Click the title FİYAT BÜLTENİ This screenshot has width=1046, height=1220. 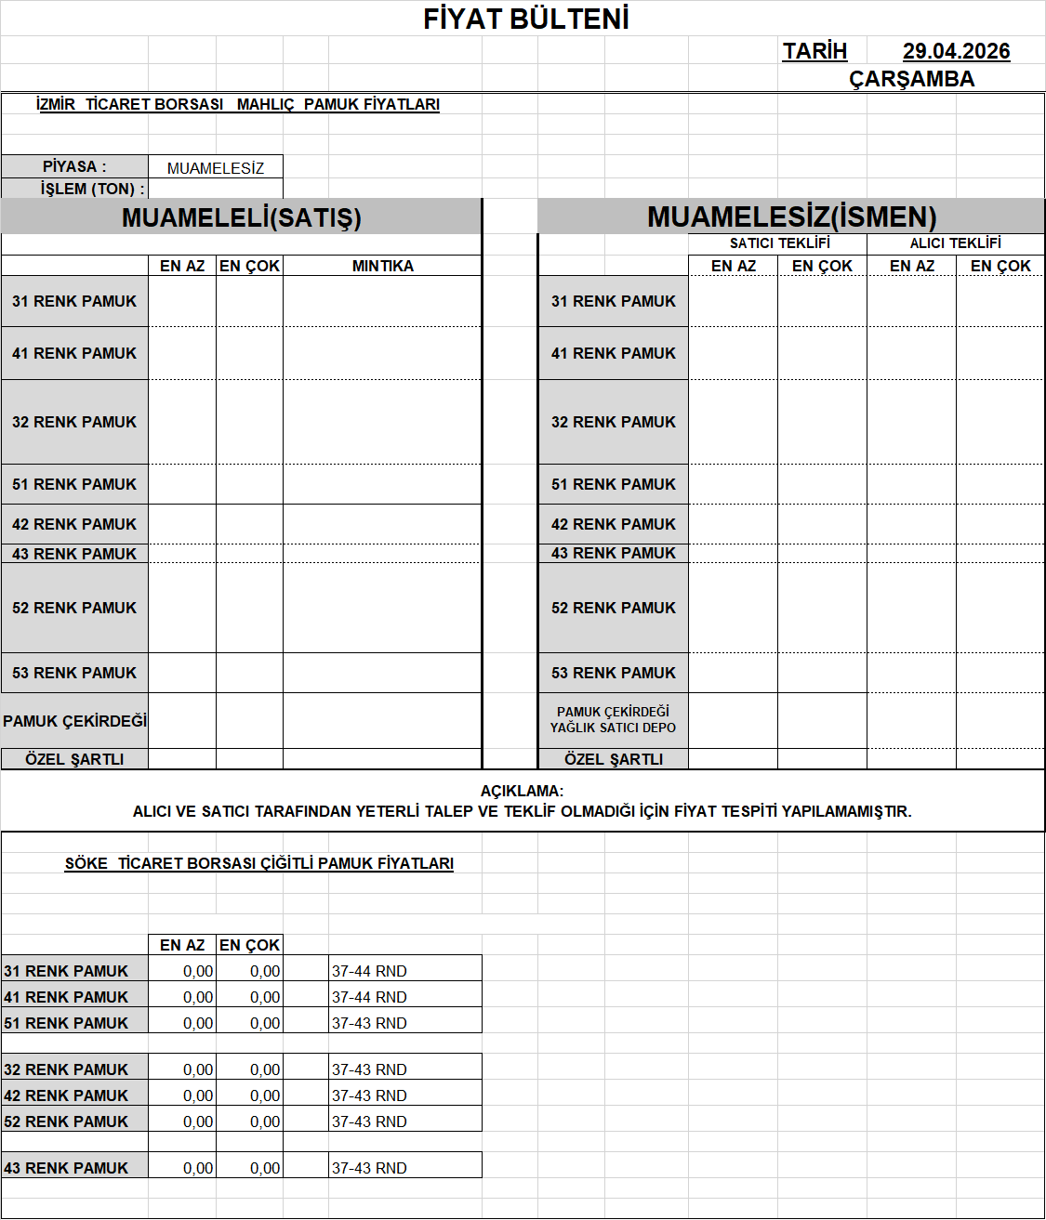[x=526, y=19]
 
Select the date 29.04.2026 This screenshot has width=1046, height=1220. [x=956, y=51]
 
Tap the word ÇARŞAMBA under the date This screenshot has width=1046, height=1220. [x=911, y=79]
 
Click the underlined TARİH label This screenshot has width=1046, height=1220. [x=814, y=51]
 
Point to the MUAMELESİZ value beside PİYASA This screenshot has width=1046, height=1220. [x=216, y=168]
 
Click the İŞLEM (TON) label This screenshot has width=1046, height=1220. [x=92, y=189]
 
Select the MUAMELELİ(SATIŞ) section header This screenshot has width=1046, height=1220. [x=241, y=217]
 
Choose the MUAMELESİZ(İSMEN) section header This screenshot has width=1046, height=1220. [x=791, y=216]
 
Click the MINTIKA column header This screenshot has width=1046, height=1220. [x=382, y=266]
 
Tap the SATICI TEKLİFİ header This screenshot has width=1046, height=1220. [x=779, y=243]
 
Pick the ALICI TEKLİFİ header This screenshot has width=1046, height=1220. [x=955, y=243]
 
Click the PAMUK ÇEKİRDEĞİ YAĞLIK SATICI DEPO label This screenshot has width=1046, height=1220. [x=613, y=720]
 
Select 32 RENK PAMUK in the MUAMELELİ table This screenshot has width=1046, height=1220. [x=74, y=422]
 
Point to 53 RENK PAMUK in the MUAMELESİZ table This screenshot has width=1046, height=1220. [x=614, y=673]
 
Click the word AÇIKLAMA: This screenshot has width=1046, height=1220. [x=522, y=791]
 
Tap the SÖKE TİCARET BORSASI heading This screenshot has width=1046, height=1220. [x=258, y=863]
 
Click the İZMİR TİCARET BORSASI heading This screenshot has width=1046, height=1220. [x=237, y=104]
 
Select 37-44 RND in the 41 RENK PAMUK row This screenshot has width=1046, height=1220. [x=369, y=997]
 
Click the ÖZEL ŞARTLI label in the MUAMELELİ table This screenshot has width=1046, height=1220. [x=74, y=759]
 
